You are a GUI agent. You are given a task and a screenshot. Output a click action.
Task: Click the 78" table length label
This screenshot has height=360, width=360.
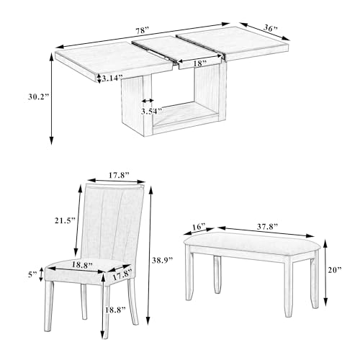click(x=143, y=31)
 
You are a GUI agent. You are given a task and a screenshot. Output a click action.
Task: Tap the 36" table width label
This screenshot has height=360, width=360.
click(x=271, y=28)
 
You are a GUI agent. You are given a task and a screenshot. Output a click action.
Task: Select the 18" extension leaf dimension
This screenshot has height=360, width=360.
click(x=200, y=63)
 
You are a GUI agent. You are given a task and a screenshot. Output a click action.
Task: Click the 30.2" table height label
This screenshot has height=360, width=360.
click(x=38, y=96)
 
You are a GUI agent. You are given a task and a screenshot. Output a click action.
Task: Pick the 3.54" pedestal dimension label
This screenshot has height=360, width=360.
click(x=151, y=112)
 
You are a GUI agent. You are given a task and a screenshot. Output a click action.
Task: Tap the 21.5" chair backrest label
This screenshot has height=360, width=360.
click(x=65, y=220)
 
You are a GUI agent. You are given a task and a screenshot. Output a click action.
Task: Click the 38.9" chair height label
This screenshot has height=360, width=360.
click(x=162, y=260)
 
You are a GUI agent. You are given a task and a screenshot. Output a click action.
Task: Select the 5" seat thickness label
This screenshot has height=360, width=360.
click(x=33, y=274)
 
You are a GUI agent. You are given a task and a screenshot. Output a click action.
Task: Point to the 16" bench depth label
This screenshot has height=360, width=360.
click(x=199, y=227)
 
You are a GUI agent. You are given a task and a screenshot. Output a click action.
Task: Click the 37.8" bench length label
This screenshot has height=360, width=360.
click(x=267, y=227)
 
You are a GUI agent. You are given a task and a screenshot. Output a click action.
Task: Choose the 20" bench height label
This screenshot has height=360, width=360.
click(x=335, y=270)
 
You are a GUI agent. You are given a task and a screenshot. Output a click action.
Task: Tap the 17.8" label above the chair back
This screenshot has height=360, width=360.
click(x=119, y=175)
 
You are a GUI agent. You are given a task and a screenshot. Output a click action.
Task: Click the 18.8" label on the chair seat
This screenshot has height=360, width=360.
click(x=82, y=265)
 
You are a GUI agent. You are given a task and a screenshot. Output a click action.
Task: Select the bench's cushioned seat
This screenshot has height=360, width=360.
click(x=253, y=243)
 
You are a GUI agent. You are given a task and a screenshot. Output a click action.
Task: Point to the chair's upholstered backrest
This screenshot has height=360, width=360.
click(x=111, y=222)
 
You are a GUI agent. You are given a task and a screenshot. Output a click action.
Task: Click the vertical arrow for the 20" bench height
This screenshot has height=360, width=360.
click(x=325, y=272)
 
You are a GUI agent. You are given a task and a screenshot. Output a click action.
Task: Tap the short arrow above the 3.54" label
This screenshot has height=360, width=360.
click(x=148, y=101)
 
